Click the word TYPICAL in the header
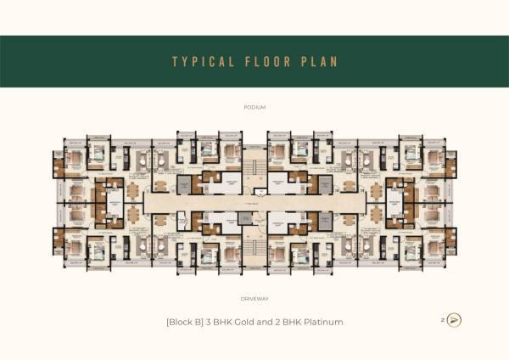click(x=199, y=62)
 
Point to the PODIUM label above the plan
click(x=255, y=108)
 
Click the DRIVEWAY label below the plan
click(x=255, y=299)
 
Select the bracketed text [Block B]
click(x=183, y=323)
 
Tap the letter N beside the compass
click(x=442, y=320)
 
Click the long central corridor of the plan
click(x=255, y=203)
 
